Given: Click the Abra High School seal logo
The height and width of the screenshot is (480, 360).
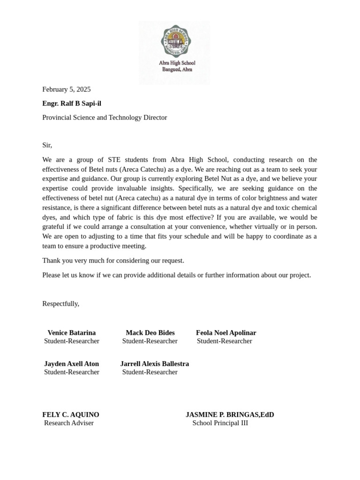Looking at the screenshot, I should (176, 41).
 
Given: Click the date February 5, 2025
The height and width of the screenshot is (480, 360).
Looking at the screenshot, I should (67, 89).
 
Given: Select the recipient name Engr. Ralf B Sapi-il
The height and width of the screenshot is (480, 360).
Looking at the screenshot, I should (72, 103).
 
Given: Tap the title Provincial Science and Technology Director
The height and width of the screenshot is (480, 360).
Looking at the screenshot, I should (105, 117).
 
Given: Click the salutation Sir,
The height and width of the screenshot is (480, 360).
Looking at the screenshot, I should (47, 145).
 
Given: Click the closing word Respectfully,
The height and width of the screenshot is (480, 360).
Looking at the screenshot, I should (61, 304).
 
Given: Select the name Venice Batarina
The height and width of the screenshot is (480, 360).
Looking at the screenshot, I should (72, 333).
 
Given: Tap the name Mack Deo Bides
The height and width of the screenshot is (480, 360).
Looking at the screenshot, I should (150, 333).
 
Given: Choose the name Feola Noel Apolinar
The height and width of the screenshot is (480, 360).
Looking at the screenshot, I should (226, 333).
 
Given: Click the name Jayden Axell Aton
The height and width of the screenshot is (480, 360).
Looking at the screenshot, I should (72, 364).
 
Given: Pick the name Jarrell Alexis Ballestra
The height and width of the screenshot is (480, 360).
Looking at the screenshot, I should (155, 364).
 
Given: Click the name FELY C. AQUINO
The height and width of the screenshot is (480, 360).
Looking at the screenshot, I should (71, 415).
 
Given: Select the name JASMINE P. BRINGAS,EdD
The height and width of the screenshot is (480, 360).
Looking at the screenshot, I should (230, 415).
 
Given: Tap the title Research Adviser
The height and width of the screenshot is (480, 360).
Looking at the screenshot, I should (69, 423).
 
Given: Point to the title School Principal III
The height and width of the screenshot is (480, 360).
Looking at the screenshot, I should (220, 423).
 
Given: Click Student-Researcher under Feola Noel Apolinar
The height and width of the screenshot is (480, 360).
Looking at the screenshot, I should (225, 341).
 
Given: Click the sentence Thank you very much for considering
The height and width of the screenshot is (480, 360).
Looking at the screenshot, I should (113, 261).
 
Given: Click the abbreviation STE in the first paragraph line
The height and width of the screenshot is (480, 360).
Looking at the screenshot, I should (115, 159).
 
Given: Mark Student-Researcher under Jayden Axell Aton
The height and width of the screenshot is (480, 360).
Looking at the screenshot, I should (72, 372).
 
